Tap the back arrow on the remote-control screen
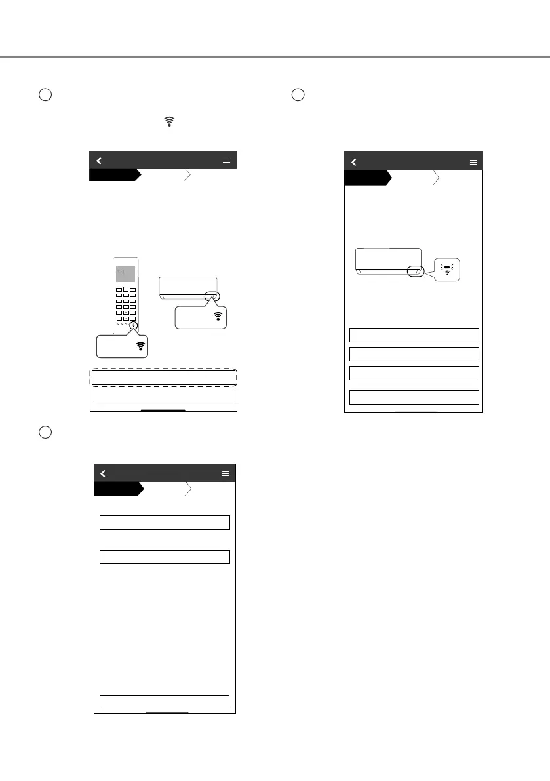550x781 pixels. [99, 160]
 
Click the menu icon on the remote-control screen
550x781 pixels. [227, 160]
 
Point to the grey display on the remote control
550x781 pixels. [125, 274]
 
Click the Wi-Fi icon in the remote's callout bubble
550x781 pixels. [140, 347]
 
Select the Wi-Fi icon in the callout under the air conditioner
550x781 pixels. [218, 316]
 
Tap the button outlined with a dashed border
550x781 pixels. [163, 378]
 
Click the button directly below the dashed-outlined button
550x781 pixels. [163, 396]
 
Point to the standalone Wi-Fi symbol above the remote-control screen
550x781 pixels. [170, 121]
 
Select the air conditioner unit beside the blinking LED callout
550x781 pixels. [388, 260]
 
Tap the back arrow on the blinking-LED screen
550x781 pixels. [354, 162]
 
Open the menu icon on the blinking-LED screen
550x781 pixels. [473, 162]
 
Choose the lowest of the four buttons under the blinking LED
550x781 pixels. [414, 397]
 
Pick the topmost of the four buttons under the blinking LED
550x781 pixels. [414, 335]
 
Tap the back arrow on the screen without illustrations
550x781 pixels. [103, 473]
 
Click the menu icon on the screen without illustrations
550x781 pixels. [226, 473]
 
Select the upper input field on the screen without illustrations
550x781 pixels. [165, 522]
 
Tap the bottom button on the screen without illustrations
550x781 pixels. [165, 701]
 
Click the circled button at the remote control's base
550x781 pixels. [133, 325]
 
